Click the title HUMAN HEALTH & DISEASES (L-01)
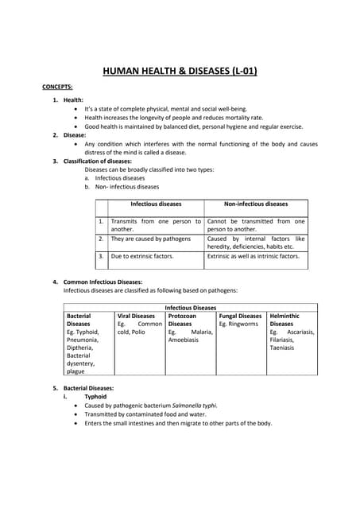click(x=180, y=71)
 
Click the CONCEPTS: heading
click(x=57, y=86)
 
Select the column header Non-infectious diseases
click(x=256, y=204)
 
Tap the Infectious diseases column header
click(x=156, y=204)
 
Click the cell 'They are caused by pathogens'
click(x=151, y=239)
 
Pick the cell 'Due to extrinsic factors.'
click(x=142, y=256)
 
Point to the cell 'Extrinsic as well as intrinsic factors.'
click(x=254, y=256)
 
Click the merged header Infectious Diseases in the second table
click(x=191, y=307)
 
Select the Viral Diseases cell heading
click(x=136, y=316)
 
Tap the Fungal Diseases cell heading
click(x=240, y=316)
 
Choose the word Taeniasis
click(x=283, y=348)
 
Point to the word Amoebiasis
click(x=187, y=340)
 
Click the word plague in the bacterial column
click(x=75, y=371)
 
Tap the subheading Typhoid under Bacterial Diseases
click(x=95, y=396)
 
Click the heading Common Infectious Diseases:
click(x=103, y=282)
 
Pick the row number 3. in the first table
click(x=101, y=256)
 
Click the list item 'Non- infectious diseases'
click(x=127, y=187)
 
